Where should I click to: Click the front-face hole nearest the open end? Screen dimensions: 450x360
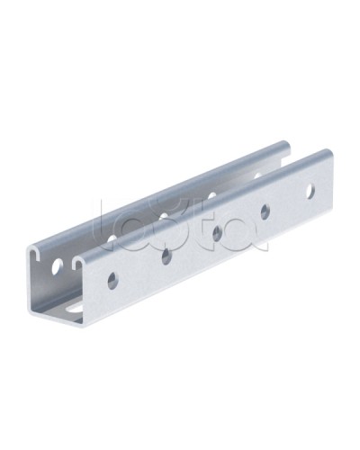click(112, 280)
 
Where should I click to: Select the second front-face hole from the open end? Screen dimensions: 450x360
click(166, 256)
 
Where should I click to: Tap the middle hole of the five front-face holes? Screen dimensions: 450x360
click(217, 233)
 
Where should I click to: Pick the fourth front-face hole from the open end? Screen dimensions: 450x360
click(265, 211)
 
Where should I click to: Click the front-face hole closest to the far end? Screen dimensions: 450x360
click(310, 191)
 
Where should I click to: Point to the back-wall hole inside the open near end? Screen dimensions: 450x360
click(58, 266)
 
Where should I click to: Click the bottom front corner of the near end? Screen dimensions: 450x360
click(86, 327)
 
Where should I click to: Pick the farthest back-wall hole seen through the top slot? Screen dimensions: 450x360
click(258, 175)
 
